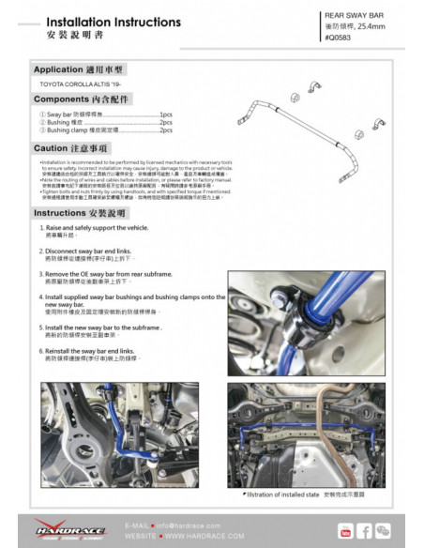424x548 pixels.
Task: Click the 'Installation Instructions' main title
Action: pyautogui.click(x=99, y=21)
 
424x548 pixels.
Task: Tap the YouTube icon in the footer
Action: pyautogui.click(x=346, y=532)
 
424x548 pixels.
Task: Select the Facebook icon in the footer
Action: pyautogui.click(x=365, y=532)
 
